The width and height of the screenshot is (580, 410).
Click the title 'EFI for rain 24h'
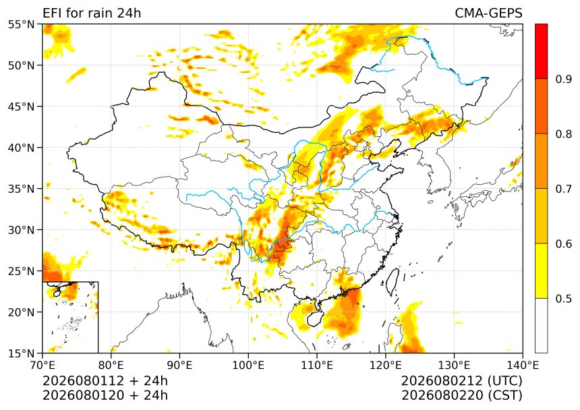[92, 13]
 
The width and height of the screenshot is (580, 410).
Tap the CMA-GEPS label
[488, 13]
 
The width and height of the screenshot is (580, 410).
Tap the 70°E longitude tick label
[42, 365]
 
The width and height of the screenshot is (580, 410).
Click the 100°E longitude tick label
[248, 365]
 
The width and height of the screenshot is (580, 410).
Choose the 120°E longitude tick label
[386, 365]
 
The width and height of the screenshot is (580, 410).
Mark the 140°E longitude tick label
[523, 365]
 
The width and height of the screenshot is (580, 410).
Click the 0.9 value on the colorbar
[564, 79]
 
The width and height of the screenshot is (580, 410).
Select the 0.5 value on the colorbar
[564, 299]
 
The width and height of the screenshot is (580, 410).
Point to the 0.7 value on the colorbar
[564, 189]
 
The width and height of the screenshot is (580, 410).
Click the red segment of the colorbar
[541, 51]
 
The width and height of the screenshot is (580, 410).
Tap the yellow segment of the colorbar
[541, 270]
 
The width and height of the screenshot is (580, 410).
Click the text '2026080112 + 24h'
[105, 381]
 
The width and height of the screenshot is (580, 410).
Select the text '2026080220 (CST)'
[461, 395]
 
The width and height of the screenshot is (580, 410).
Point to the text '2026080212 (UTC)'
[461, 381]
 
